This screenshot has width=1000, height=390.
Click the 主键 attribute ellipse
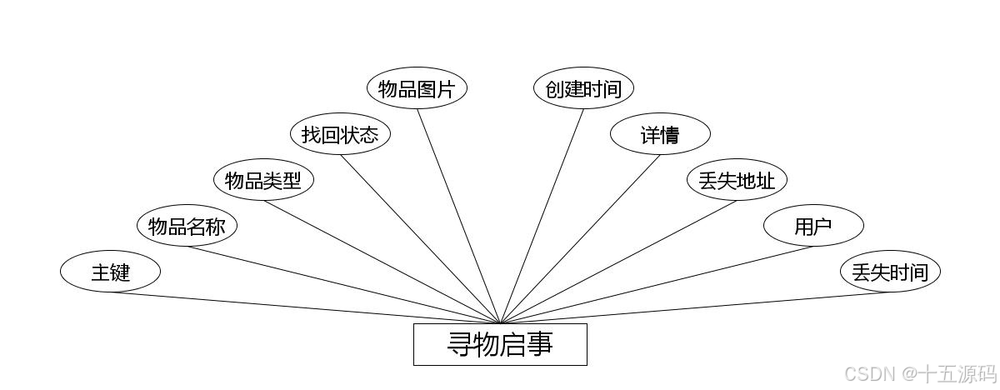point(110,272)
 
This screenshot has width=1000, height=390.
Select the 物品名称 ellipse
point(187,226)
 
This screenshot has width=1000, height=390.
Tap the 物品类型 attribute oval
point(263,180)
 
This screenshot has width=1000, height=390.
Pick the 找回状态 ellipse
point(340,134)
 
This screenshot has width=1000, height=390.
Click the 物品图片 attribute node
point(417,88)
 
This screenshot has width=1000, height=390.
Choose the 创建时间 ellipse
point(583,88)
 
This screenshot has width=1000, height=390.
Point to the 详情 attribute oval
point(660,134)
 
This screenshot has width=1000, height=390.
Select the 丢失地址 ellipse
point(737,180)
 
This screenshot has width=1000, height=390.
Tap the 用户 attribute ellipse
point(813,226)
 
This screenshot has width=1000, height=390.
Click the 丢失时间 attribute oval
point(890,272)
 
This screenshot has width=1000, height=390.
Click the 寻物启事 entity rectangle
point(500,344)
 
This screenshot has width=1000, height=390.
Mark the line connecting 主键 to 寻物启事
point(305,307)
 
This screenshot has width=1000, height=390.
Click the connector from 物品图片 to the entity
point(458,216)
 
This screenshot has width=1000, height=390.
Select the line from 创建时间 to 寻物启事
point(542,216)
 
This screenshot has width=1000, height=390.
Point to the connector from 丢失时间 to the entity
point(695,307)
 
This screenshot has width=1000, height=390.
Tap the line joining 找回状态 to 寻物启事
point(420,239)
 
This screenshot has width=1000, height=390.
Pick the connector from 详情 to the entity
point(580,239)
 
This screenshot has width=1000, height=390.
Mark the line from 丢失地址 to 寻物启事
point(618,262)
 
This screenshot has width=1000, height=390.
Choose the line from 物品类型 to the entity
point(382,262)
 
